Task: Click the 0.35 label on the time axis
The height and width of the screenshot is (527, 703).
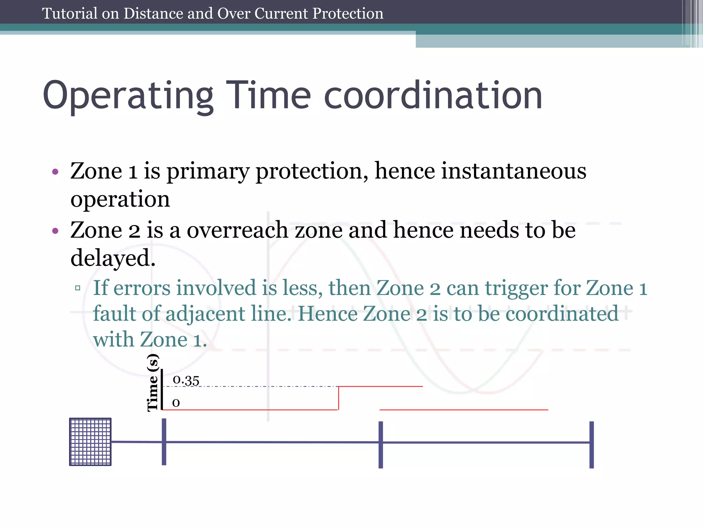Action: click(x=186, y=380)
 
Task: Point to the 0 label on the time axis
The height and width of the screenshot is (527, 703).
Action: click(x=176, y=402)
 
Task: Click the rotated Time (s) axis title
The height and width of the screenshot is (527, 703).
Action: click(x=153, y=383)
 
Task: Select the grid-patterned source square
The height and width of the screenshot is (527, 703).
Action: click(x=90, y=442)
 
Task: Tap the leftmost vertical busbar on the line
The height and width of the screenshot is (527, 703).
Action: click(x=164, y=442)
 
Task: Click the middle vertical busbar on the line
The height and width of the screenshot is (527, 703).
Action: click(x=381, y=444)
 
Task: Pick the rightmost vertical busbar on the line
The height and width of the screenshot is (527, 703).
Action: click(x=591, y=444)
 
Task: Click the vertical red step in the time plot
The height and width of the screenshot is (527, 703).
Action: click(x=338, y=398)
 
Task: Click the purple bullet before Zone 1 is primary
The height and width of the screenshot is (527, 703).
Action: click(x=55, y=172)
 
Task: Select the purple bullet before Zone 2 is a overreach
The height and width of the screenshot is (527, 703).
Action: click(x=55, y=231)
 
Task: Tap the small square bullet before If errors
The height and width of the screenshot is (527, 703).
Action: click(x=78, y=288)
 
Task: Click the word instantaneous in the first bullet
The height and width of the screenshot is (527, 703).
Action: click(x=514, y=171)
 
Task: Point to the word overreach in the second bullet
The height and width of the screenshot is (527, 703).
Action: click(x=237, y=230)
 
